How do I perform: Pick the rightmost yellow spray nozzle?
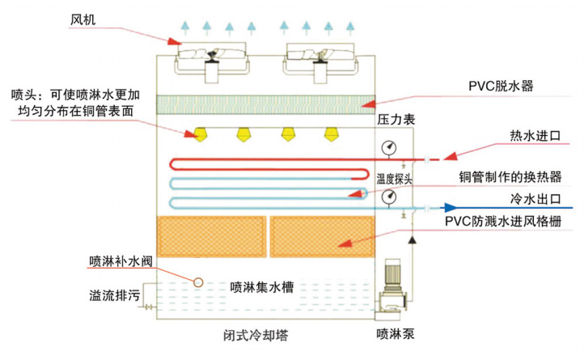pyautogui.click(x=331, y=132)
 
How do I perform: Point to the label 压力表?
pyautogui.click(x=396, y=119)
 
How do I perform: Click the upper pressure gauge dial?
pyautogui.click(x=391, y=146)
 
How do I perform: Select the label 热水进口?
pyautogui.click(x=534, y=134)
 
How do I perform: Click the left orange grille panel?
pyautogui.click(x=209, y=233)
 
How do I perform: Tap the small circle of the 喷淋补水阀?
pyautogui.click(x=197, y=281)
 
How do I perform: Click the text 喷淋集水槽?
pyautogui.click(x=261, y=285)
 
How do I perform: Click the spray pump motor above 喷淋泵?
pyautogui.click(x=394, y=275)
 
